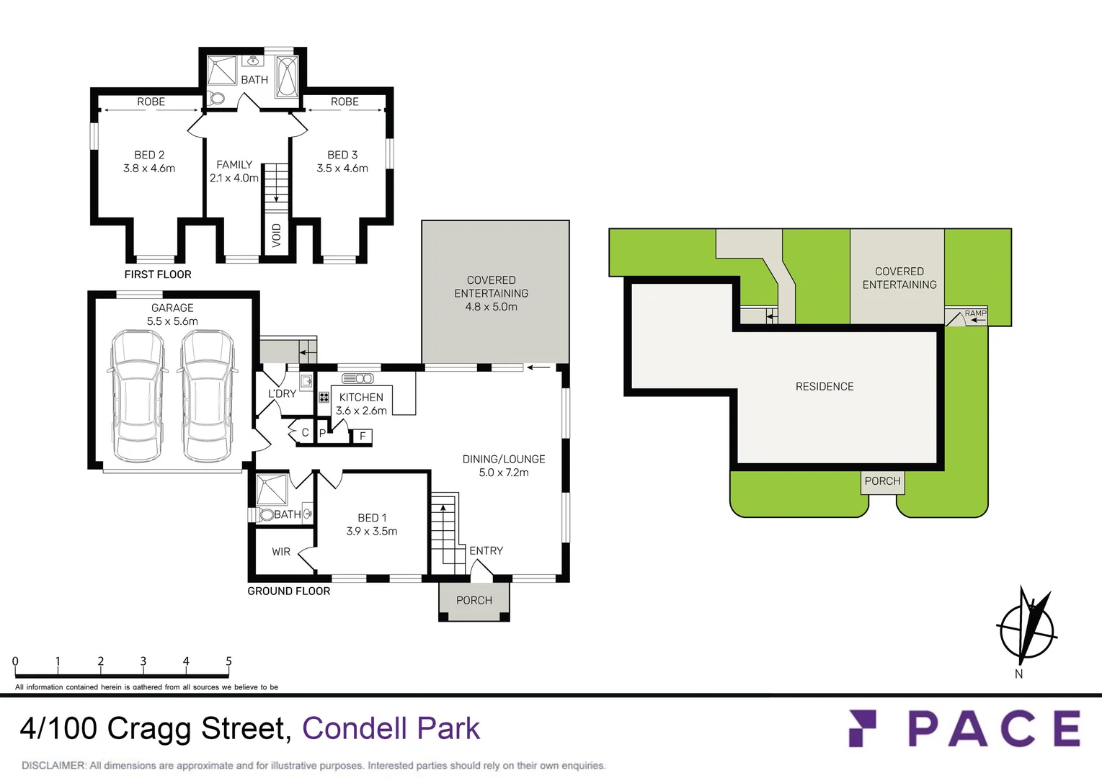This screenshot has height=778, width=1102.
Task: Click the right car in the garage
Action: (x=207, y=395)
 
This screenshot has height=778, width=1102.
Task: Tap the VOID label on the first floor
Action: (x=276, y=235)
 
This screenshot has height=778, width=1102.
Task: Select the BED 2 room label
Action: (x=149, y=155)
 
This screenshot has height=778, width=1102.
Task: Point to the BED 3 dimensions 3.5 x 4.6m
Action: (x=342, y=169)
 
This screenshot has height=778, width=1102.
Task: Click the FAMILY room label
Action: (x=234, y=164)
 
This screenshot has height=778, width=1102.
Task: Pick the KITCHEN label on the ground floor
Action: (x=361, y=397)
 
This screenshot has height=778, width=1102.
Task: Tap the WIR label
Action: (x=281, y=552)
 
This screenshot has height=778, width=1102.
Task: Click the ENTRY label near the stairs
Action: (x=486, y=550)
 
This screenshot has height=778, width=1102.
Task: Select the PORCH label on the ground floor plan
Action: (x=474, y=600)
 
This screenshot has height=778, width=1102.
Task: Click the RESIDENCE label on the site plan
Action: (x=825, y=387)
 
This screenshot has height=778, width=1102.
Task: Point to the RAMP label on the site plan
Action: (x=975, y=313)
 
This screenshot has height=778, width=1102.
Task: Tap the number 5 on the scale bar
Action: (x=228, y=661)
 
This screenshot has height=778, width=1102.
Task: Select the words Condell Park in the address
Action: (x=391, y=728)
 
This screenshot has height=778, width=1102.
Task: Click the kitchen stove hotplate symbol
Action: (x=324, y=397)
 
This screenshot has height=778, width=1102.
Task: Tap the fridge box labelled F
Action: (x=363, y=436)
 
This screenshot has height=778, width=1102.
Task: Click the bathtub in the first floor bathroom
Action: (x=287, y=76)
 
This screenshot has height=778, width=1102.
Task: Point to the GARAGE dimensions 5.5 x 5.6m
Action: (x=172, y=321)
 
